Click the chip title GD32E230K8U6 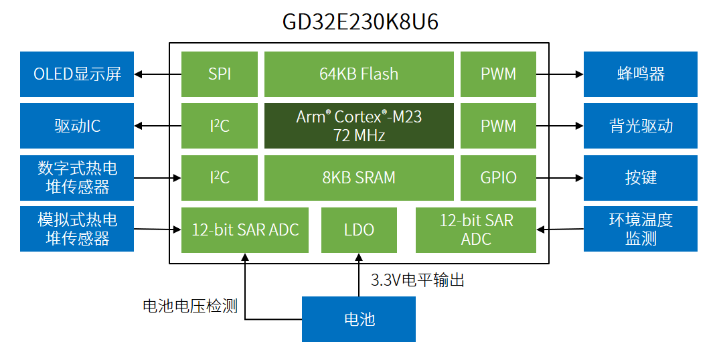359,21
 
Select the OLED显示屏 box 77,74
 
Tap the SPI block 219,74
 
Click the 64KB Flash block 359,74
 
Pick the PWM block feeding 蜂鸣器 498,74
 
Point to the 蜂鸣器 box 640,74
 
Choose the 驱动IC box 77,126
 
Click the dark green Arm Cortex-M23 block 359,126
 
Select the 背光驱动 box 640,126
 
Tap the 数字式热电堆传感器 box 77,177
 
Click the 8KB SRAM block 359,177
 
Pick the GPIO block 498,177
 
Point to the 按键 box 640,177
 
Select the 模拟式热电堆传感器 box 77,229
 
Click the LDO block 359,230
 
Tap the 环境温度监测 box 640,229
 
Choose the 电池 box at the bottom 359,319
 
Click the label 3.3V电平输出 417,280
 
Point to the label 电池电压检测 190,306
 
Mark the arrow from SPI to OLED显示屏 158,74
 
